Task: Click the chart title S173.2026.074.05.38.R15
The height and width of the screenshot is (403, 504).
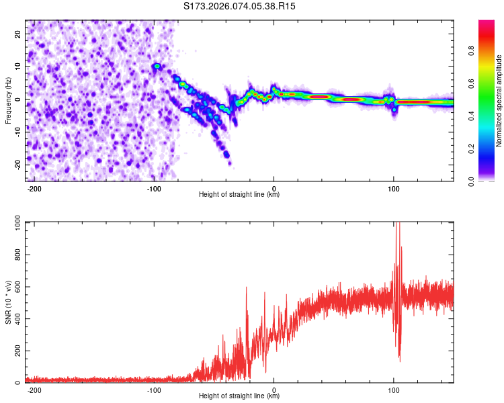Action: pos(240,6)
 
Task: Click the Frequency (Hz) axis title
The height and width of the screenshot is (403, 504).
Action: pos(8,100)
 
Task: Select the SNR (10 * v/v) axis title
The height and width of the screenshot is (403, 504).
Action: pos(8,302)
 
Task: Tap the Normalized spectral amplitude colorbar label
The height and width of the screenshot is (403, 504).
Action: pos(499,100)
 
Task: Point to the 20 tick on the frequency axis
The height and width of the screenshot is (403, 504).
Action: pos(18,34)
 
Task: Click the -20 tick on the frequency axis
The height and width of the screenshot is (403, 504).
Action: pos(17,165)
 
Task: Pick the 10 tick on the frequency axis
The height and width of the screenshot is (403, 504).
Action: pos(18,66)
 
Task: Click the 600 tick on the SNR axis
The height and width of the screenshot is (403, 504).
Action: pos(15,287)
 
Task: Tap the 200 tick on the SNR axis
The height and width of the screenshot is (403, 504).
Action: pos(15,351)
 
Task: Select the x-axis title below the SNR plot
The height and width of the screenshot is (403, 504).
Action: pos(239,396)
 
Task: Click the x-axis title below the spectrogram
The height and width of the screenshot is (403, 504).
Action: pos(239,195)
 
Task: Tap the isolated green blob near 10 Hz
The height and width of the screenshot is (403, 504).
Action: pos(157,66)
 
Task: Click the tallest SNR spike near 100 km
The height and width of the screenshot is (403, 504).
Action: pos(398,225)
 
